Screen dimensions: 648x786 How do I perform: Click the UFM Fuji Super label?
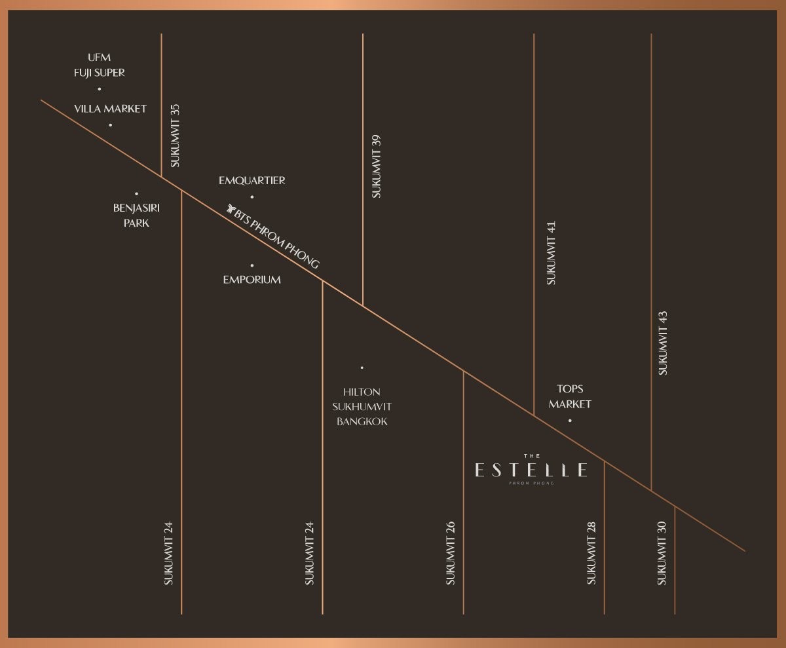point(99,65)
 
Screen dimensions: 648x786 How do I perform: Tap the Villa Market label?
point(110,109)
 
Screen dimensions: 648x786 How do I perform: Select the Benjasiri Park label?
point(136,215)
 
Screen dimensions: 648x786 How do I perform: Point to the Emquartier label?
point(252,180)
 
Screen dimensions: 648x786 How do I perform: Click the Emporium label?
point(252,280)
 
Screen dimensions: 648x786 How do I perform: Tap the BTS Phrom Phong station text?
point(276,237)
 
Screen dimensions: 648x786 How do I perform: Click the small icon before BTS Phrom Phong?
point(230,209)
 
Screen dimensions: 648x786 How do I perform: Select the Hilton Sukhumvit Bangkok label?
point(362,407)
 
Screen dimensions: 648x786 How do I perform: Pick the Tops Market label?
point(570,396)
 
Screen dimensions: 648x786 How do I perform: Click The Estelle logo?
point(531,470)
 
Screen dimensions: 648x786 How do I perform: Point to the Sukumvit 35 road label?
point(175,136)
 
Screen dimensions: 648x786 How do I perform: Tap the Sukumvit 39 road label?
point(376,166)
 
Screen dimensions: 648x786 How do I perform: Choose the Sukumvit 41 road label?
point(551,252)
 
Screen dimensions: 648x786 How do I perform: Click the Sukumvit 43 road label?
point(663,343)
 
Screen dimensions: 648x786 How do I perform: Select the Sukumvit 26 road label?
point(450,553)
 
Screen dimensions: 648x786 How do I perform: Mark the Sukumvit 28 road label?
point(591,553)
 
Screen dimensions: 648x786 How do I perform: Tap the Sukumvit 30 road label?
point(662,553)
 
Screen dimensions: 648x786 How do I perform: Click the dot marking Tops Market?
point(570,421)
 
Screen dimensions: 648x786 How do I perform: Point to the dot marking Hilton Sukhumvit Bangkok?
point(362,368)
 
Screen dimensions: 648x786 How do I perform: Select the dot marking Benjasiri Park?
point(136,193)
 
